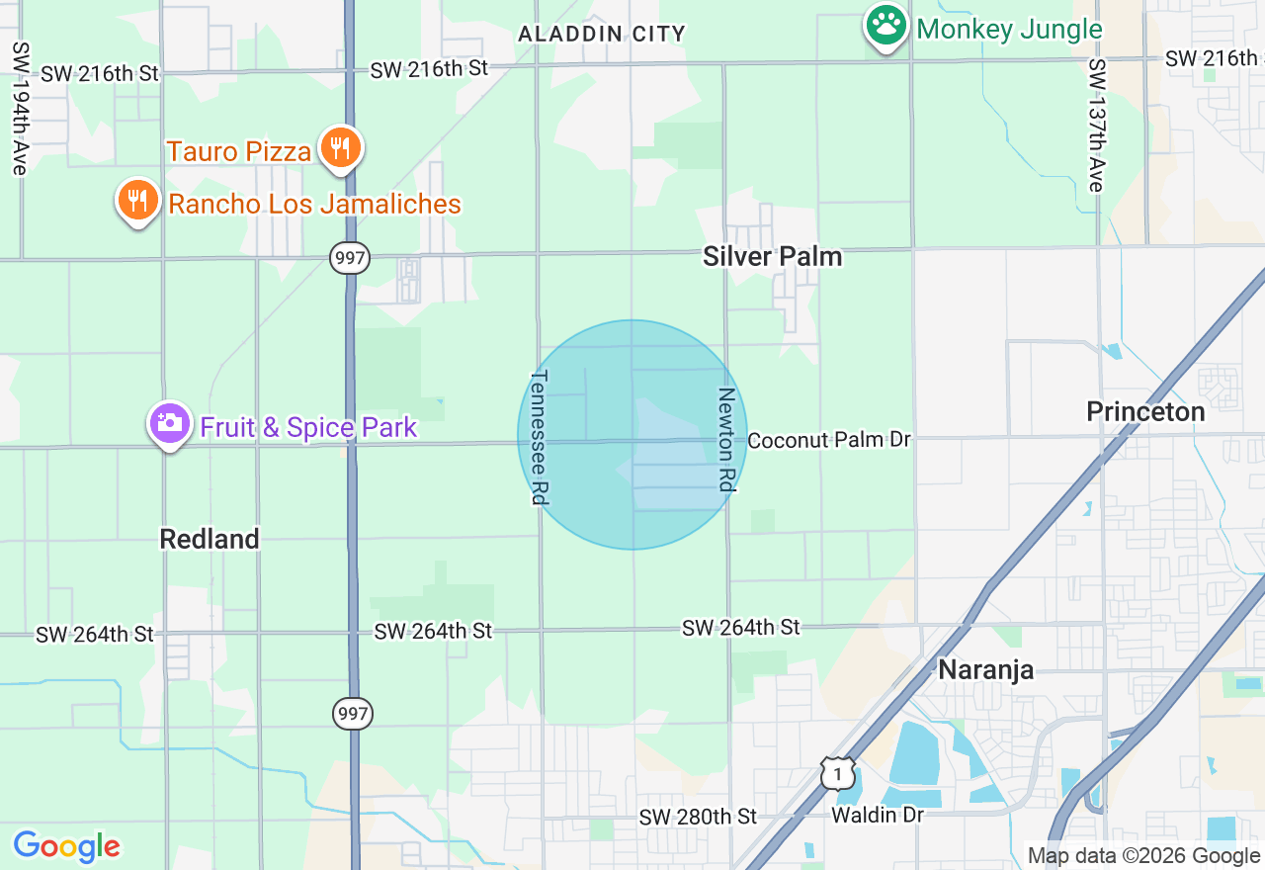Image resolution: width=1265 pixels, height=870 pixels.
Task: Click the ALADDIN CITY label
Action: click(x=602, y=35)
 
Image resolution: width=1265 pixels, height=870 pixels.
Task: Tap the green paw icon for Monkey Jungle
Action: click(x=886, y=26)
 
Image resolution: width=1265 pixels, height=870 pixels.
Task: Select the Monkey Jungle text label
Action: click(x=1009, y=29)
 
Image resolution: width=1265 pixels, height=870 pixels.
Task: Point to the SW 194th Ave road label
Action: click(x=20, y=109)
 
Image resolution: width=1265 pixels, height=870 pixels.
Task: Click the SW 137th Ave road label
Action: click(x=1096, y=126)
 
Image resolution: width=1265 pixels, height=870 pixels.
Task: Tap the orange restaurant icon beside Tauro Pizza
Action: click(x=340, y=148)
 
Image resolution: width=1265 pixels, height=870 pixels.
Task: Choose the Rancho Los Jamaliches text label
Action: click(x=314, y=205)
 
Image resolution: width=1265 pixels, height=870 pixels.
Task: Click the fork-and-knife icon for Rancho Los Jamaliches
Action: click(x=138, y=201)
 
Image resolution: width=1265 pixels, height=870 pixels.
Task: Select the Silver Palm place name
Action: click(x=773, y=257)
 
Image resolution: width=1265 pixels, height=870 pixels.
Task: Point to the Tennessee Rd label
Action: click(x=540, y=437)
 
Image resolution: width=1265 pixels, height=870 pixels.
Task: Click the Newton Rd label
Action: click(x=726, y=439)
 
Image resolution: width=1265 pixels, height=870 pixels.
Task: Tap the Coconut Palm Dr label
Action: click(x=828, y=440)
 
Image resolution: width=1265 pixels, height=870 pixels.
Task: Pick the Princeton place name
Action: click(x=1145, y=412)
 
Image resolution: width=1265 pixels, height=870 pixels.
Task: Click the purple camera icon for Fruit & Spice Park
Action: click(x=169, y=424)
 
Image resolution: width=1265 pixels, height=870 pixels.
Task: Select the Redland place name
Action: click(x=210, y=539)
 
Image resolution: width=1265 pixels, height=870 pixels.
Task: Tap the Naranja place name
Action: click(x=985, y=669)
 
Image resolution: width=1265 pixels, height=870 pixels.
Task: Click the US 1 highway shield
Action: click(x=837, y=773)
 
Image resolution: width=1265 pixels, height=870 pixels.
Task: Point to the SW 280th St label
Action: click(x=698, y=817)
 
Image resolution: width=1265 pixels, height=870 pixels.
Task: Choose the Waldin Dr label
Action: click(x=878, y=816)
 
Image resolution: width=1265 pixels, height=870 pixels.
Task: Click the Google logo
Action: click(x=66, y=847)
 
